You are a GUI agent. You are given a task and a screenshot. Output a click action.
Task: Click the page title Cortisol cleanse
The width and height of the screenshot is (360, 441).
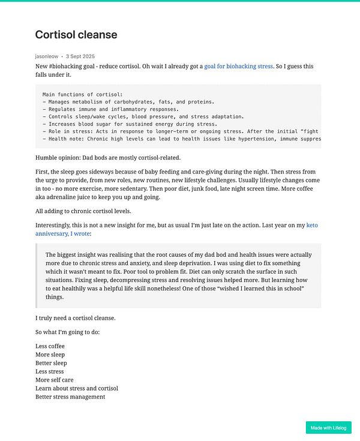pos(76,35)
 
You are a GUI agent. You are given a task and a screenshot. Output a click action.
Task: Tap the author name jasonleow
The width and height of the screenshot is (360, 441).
pos(47,56)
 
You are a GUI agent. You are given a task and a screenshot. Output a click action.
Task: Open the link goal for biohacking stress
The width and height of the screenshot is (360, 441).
pos(238,66)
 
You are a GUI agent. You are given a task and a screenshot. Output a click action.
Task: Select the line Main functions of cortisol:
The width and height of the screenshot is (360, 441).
pos(83,94)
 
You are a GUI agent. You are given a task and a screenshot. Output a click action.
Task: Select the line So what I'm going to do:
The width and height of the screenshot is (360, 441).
pos(68,332)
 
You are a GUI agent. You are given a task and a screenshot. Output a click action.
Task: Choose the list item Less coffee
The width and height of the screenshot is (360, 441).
pos(50,346)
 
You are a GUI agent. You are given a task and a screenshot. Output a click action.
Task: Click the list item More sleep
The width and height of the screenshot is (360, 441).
pos(51,355)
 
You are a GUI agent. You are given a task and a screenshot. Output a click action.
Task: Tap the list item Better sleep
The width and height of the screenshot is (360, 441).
pos(51,363)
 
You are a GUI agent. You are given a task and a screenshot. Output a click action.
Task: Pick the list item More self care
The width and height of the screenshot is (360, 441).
pos(55,380)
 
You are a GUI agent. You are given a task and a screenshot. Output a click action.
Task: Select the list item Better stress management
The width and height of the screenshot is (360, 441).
pos(70,397)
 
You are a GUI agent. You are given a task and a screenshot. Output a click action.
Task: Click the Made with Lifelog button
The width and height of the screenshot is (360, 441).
pos(328,428)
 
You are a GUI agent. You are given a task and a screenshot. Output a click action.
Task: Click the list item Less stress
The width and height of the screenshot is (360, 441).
pos(50,371)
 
